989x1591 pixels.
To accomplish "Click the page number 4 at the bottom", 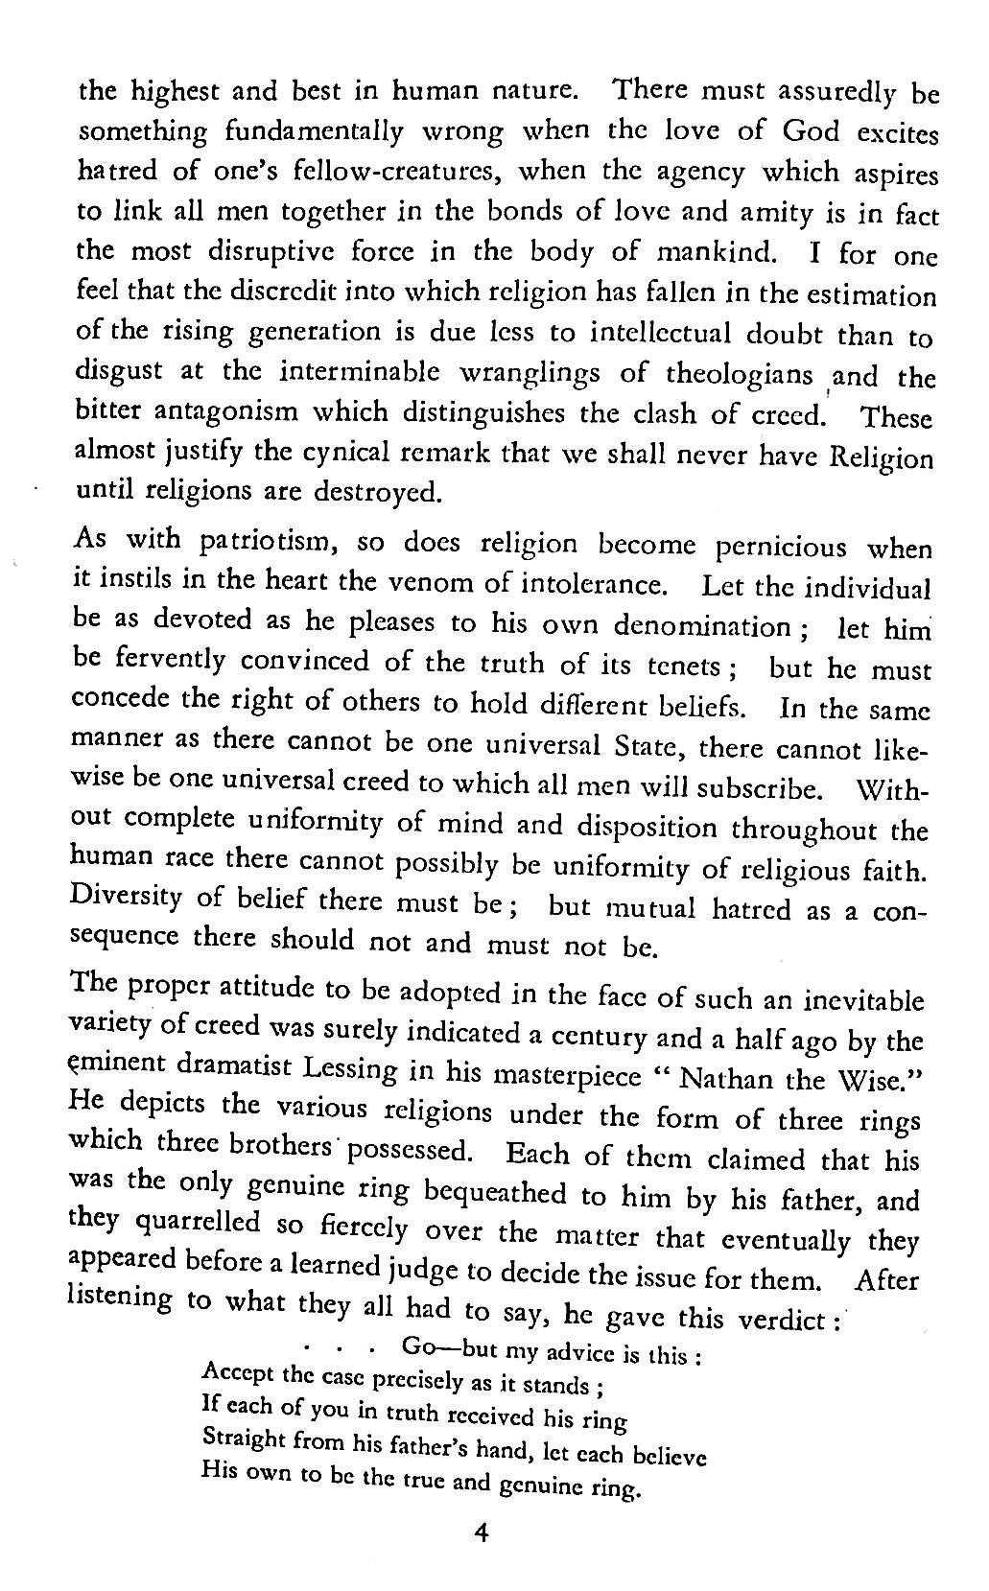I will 482,1533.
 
